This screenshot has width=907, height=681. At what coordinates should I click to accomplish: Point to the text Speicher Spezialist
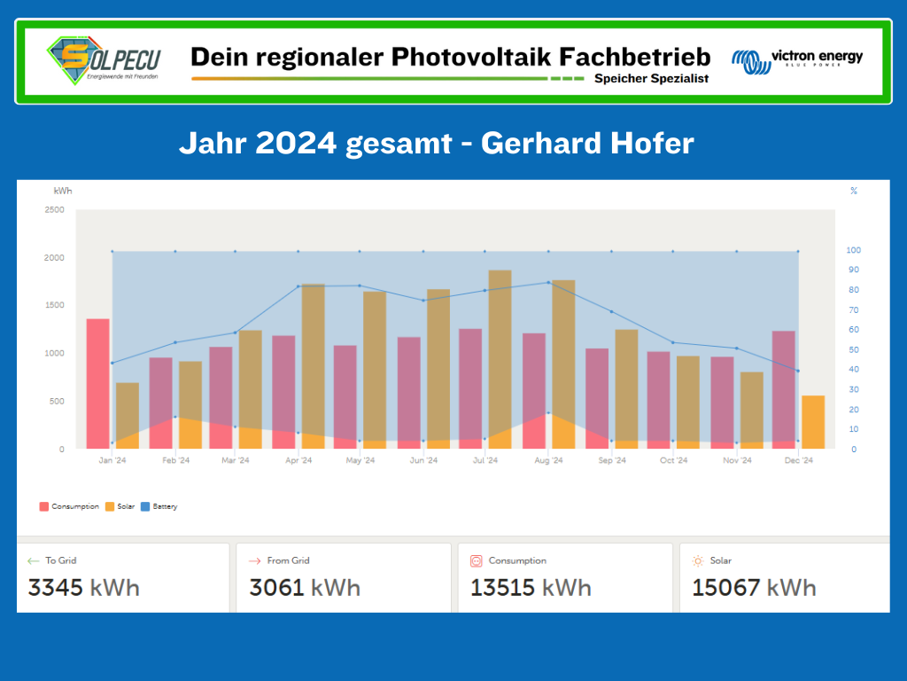point(651,79)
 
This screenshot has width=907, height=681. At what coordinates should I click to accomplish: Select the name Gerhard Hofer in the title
point(587,143)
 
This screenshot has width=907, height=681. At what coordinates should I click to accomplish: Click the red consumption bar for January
point(98,383)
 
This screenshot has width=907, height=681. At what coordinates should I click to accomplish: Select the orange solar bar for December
point(812,422)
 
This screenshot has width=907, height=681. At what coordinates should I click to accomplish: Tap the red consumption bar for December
point(784,389)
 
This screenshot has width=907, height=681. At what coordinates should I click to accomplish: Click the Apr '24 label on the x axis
point(298,460)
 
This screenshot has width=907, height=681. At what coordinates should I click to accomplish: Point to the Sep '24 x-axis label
point(612,460)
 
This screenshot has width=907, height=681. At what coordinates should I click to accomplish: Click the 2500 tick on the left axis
point(54,210)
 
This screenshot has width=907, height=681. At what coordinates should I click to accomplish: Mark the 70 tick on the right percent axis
point(854,310)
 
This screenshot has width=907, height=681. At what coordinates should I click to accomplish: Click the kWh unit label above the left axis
point(63,191)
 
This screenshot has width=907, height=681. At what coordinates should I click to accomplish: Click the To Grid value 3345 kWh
point(84,587)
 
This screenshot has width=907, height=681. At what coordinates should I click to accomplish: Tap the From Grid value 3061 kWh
point(305,587)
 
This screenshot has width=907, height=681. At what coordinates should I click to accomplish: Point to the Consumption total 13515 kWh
point(531,587)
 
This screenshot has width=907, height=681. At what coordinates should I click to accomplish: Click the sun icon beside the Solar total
point(698,560)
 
